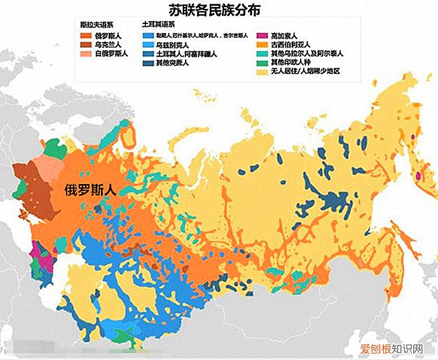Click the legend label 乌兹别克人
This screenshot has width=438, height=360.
click(x=173, y=44)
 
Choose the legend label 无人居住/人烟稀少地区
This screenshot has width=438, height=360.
click(x=305, y=71)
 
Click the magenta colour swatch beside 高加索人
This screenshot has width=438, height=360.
click(x=261, y=36)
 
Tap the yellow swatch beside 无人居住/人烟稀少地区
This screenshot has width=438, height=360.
click(x=261, y=71)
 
